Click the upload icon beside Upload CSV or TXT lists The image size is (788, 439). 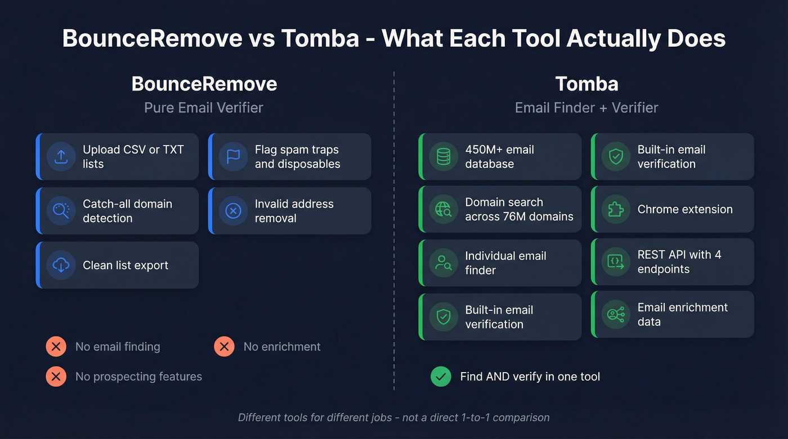click(x=61, y=157)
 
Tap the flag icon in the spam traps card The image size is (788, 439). click(x=233, y=157)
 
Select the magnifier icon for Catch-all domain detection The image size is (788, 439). click(x=61, y=211)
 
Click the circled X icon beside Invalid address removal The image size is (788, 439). click(x=233, y=211)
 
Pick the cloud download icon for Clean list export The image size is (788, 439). click(x=61, y=265)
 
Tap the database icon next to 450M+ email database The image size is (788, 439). click(x=444, y=157)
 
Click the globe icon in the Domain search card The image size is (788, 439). click(x=444, y=210)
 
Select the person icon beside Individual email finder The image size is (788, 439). click(x=444, y=263)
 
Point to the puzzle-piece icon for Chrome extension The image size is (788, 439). click(x=616, y=210)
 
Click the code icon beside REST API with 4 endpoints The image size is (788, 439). click(x=616, y=262)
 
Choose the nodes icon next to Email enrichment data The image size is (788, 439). click(x=616, y=315)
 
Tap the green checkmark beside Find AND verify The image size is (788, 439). click(x=441, y=377)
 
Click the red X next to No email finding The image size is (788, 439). click(x=56, y=347)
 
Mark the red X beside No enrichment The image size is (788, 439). click(x=224, y=347)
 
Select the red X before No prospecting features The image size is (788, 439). click(x=56, y=377)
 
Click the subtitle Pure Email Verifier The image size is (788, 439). click(x=204, y=108)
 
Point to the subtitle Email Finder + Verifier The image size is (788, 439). click(x=586, y=108)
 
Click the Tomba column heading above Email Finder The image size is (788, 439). click(x=586, y=84)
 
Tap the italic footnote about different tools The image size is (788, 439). click(x=393, y=418)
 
